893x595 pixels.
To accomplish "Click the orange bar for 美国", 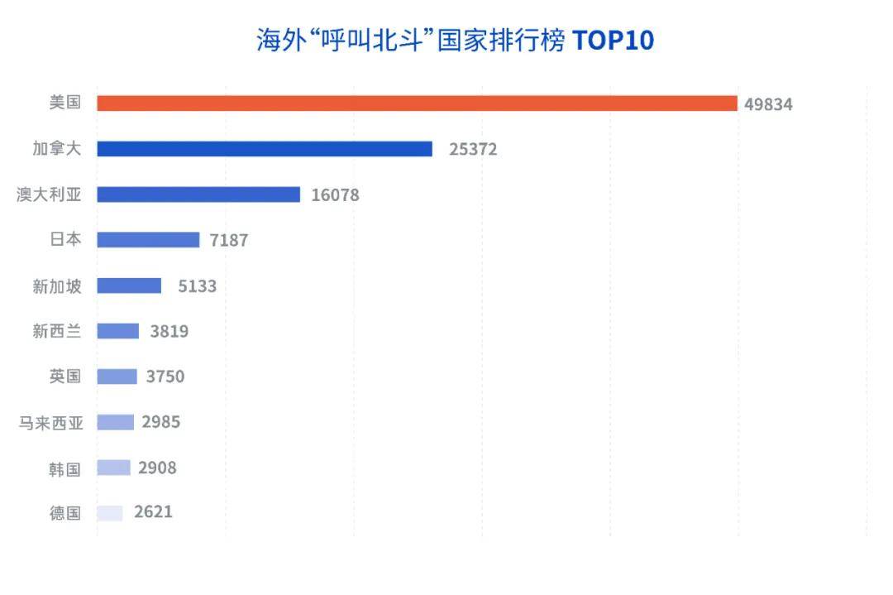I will (417, 103).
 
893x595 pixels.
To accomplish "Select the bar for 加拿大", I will (265, 149).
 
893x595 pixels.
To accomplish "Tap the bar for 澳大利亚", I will (198, 194).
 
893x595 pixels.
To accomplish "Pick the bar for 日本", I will (148, 240).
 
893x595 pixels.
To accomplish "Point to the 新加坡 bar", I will (129, 286).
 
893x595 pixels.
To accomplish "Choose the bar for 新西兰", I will (117, 331).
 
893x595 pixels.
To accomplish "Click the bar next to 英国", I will (117, 377).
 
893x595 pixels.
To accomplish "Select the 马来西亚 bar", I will (115, 422).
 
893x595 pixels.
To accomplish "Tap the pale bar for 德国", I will (110, 513).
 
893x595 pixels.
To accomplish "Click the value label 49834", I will (768, 104).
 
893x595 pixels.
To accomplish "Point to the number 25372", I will (473, 150).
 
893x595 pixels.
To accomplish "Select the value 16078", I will (335, 195).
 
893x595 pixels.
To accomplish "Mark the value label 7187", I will (229, 241).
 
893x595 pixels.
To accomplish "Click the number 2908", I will (157, 468).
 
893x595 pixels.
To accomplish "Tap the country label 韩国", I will (64, 469).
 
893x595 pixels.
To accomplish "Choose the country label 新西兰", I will (57, 331).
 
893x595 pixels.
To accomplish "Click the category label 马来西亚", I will (51, 423).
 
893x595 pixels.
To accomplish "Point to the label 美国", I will (64, 103).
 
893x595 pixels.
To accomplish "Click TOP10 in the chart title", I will (613, 41).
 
